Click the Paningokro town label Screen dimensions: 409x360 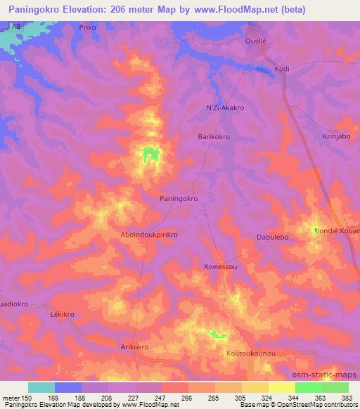pyautogui.click(x=179, y=199)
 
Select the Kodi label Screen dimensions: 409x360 pyautogui.click(x=283, y=69)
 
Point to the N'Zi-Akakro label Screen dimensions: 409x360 pyautogui.click(x=224, y=108)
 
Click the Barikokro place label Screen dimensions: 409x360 pyautogui.click(x=215, y=138)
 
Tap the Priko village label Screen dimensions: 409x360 pyautogui.click(x=87, y=27)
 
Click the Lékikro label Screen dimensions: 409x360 pyautogui.click(x=63, y=315)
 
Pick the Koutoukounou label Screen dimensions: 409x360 pyautogui.click(x=250, y=353)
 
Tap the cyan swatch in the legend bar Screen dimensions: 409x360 pyautogui.click(x=41, y=387)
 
